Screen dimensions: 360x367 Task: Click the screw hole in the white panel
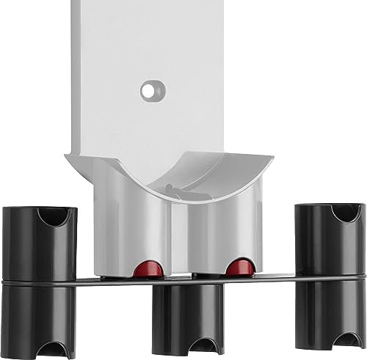pyautogui.click(x=151, y=90)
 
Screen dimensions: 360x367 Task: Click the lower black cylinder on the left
pyautogui.click(x=38, y=315)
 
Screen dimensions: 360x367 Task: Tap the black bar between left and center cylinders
pyautogui.click(x=110, y=281)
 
